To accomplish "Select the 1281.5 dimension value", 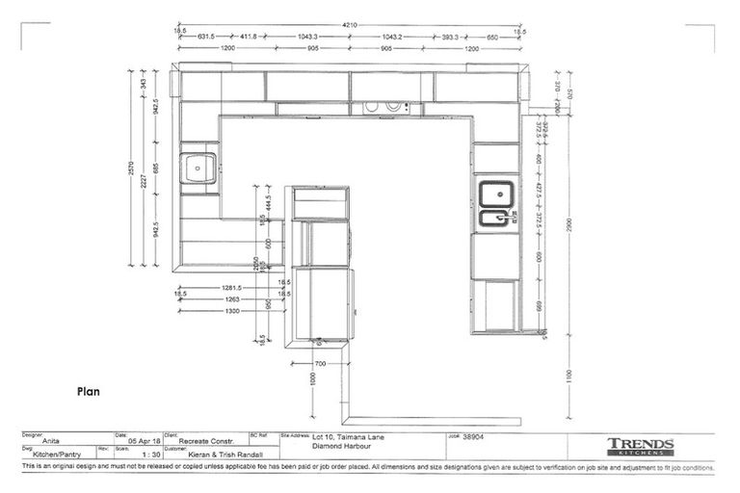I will (228, 287).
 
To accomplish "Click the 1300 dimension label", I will (231, 311).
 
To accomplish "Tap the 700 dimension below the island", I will (320, 364).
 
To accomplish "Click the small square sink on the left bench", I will (199, 168).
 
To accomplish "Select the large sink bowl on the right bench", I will (495, 194).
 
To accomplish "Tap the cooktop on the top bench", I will (390, 108).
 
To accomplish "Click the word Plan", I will (89, 392).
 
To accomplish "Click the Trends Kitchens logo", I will (640, 447).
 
